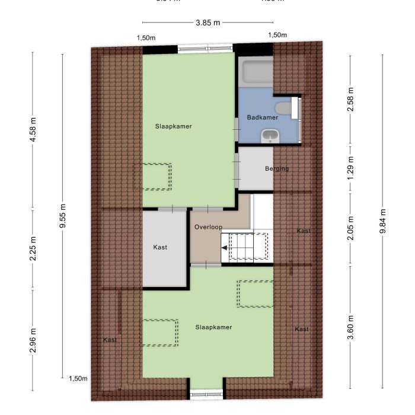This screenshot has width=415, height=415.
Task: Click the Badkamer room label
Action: [x=263, y=117]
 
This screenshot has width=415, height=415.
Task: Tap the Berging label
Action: [x=277, y=169]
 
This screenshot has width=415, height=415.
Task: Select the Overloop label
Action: [x=207, y=227]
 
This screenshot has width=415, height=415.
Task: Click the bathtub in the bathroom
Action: [x=256, y=72]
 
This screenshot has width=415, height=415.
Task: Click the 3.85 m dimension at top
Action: [x=207, y=23]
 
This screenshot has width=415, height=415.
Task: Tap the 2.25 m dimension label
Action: [x=33, y=248]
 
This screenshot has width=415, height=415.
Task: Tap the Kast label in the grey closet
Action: [x=160, y=247]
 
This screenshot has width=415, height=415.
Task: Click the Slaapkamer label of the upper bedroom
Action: [x=174, y=126]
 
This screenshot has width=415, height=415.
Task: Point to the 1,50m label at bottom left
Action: [x=78, y=379]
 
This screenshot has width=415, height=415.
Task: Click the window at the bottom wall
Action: [x=207, y=394]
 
